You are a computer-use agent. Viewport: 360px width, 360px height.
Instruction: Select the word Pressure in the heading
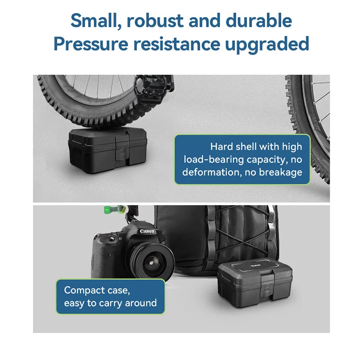point(91,44)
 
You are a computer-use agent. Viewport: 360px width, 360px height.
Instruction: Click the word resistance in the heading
point(177,44)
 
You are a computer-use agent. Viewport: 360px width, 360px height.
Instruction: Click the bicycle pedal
point(153,88)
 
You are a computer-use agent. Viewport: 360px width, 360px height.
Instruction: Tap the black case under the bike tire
point(108,150)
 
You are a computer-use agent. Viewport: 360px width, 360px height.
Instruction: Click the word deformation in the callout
point(211,172)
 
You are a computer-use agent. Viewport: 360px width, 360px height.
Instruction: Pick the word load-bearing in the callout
point(213,160)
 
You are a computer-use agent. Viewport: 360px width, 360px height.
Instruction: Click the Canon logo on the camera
point(147,231)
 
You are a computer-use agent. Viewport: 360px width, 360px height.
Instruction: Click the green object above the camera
point(114,209)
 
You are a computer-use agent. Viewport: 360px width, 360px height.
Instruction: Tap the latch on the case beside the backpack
point(266,284)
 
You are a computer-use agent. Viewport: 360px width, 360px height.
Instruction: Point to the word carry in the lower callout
point(109,304)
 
